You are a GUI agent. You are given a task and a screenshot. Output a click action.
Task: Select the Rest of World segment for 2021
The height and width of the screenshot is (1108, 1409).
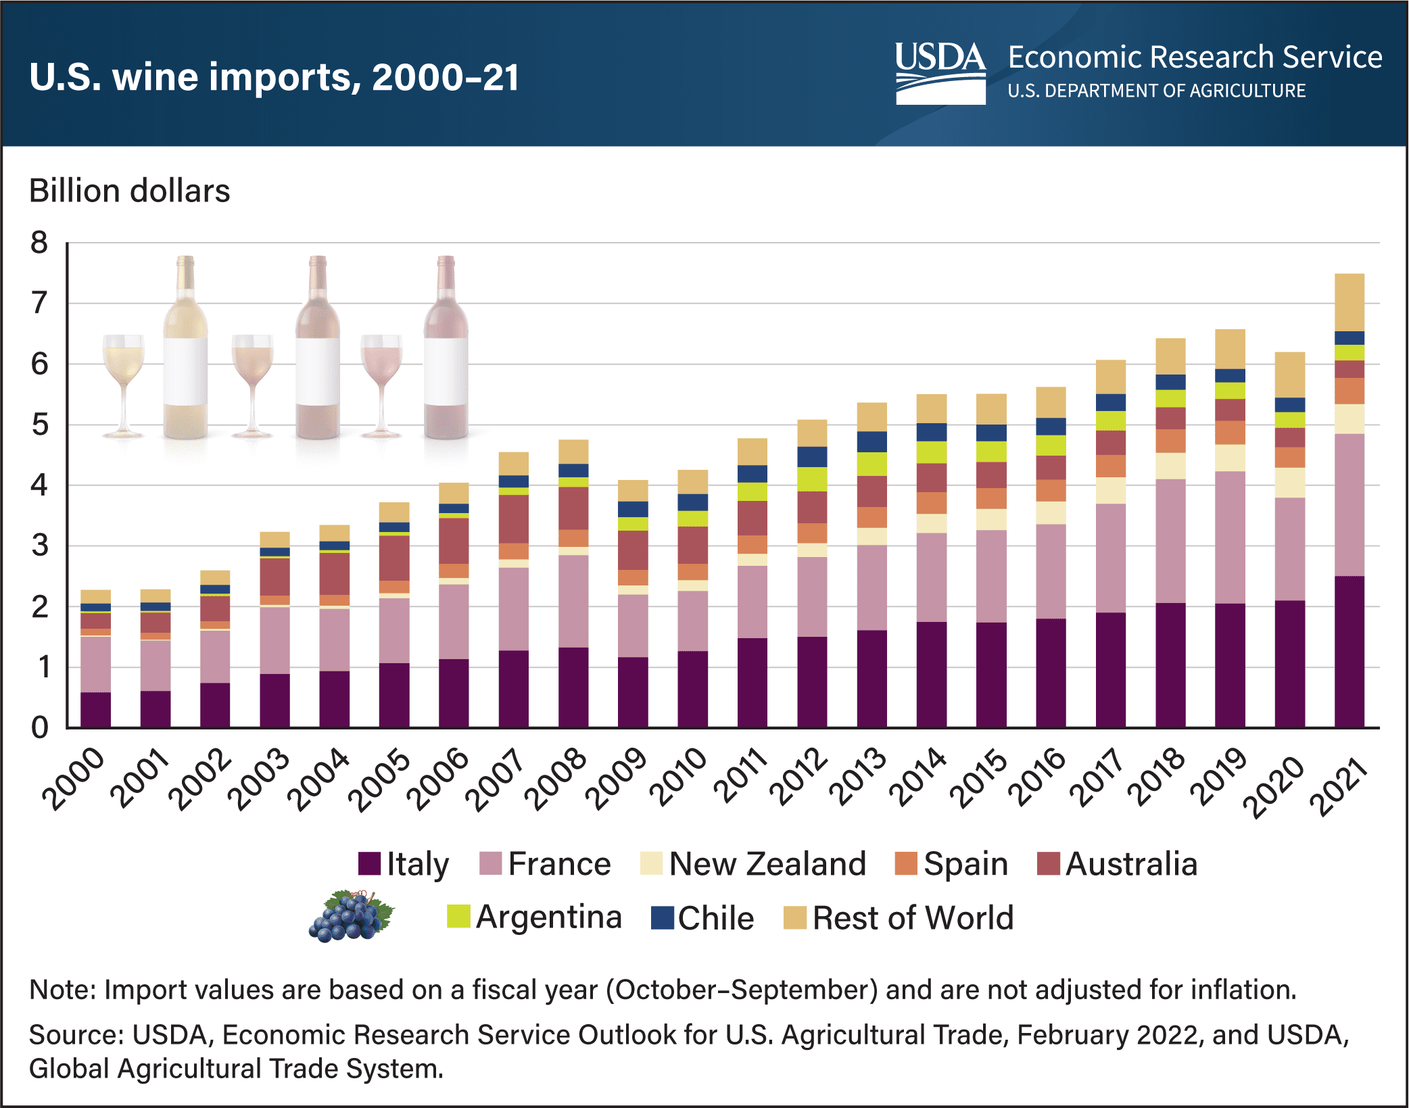coord(1349,302)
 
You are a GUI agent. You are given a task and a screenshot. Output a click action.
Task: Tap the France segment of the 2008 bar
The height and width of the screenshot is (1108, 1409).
coord(573,601)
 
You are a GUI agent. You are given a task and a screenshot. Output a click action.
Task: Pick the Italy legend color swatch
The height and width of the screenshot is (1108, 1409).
coord(369,863)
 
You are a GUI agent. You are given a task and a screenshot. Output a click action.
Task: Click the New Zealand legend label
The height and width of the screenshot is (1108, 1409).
coord(767,864)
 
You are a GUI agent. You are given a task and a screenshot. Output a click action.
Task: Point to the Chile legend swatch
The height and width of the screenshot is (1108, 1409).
coord(662,917)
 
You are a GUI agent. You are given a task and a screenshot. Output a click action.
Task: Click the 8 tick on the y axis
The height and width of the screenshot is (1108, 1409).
coord(39,243)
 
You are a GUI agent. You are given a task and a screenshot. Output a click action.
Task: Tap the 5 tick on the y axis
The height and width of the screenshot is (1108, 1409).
coord(39,425)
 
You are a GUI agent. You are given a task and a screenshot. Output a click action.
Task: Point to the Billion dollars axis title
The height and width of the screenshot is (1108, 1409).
coord(129,191)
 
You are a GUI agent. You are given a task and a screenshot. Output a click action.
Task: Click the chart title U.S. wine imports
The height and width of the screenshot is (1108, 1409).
coord(274,76)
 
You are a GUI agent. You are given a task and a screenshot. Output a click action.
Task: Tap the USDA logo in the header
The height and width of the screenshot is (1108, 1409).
coord(940,73)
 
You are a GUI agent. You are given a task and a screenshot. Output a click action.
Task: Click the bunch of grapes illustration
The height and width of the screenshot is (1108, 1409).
coord(352,917)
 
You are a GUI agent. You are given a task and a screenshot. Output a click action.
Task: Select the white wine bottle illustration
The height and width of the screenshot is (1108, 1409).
coord(185,348)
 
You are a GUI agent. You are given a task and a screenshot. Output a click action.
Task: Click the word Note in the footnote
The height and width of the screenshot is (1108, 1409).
coord(62,990)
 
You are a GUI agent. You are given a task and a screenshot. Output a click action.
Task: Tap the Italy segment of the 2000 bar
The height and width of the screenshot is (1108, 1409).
coord(95,710)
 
